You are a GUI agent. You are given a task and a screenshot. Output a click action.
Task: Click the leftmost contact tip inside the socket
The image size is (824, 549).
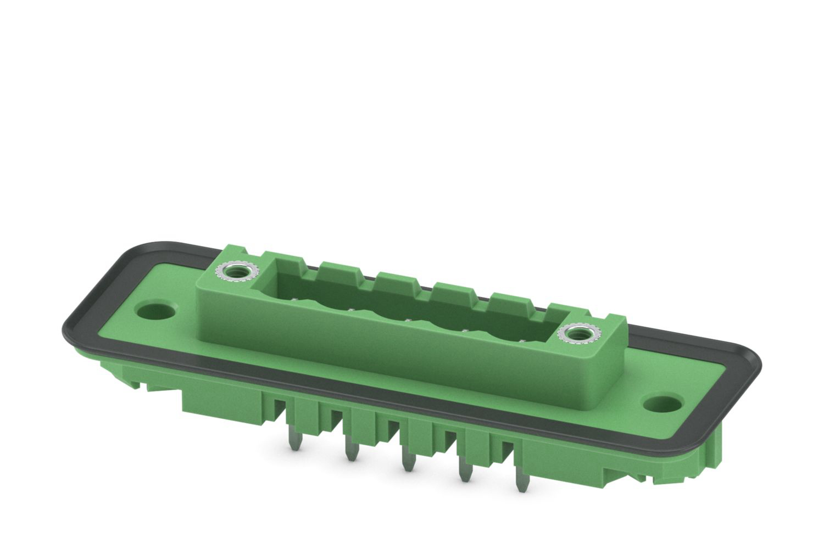pos(295,299)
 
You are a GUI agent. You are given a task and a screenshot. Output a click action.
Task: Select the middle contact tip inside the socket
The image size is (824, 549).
pos(408,320)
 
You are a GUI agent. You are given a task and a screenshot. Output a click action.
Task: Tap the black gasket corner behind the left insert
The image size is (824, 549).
pos(137,250)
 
